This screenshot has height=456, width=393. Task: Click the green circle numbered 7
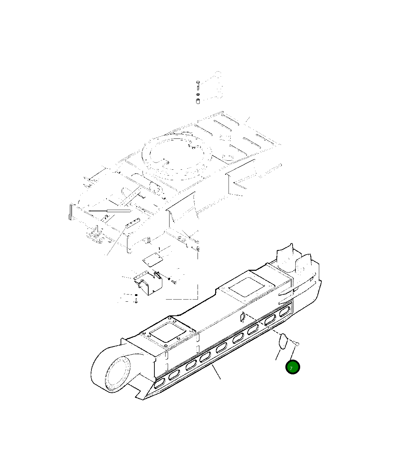(292, 367)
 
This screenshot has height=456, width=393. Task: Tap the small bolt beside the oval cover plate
(297, 344)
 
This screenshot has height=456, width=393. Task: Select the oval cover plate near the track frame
(283, 341)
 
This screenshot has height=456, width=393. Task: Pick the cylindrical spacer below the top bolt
(198, 101)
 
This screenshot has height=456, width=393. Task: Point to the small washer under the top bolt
(198, 95)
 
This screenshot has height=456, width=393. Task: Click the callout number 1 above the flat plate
(159, 248)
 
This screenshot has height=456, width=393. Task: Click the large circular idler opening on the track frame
(116, 374)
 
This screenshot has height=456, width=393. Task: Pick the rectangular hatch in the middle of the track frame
(247, 287)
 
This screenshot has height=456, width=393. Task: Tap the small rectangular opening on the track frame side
(243, 317)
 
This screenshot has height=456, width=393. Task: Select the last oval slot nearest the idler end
(159, 386)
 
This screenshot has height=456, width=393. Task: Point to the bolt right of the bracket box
(173, 282)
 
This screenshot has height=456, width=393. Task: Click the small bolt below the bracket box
(136, 301)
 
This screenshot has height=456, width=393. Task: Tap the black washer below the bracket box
(136, 295)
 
